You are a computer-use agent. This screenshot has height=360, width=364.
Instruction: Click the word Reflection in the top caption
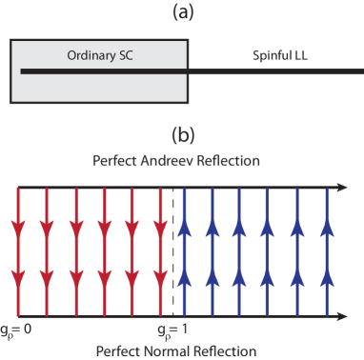coord(228,160)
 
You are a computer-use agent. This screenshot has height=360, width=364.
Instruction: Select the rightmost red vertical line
coord(157,252)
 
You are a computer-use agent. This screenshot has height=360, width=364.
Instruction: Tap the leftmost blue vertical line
coord(184,252)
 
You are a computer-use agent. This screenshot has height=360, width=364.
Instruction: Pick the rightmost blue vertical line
coord(329,252)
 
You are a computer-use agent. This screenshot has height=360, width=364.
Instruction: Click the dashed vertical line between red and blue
coord(172,252)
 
